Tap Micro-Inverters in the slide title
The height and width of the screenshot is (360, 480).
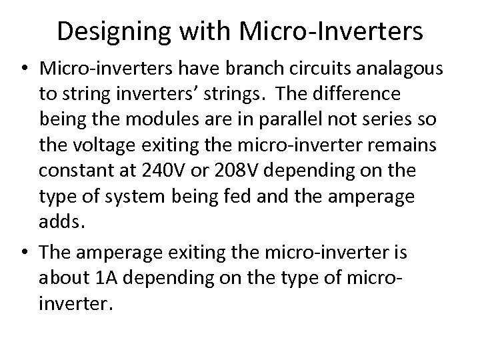click(329, 31)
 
